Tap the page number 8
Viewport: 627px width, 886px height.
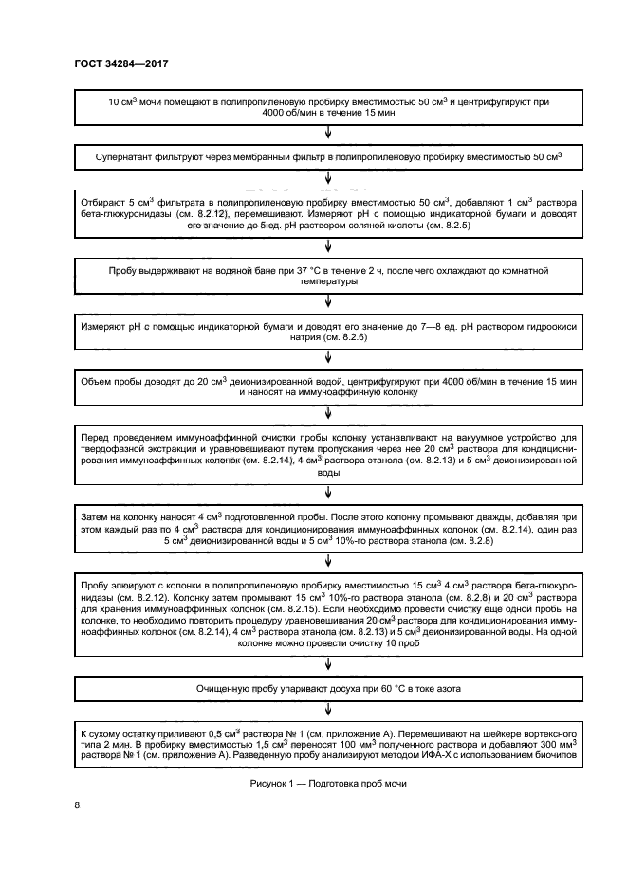point(78,805)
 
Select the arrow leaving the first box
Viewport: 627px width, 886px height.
point(328,133)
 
